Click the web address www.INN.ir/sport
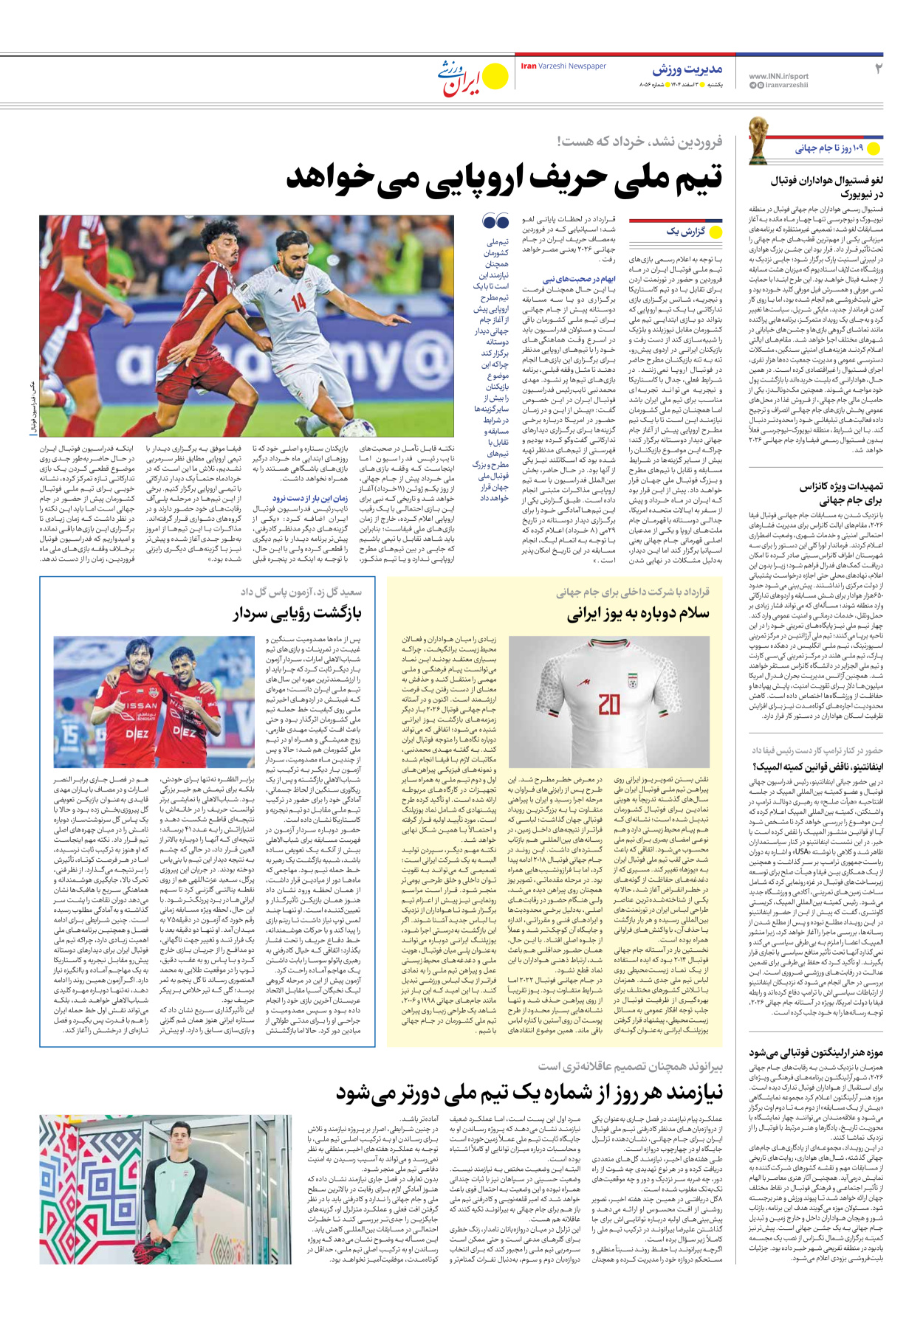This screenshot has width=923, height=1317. point(778,76)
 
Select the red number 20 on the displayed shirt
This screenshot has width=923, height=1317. point(609,705)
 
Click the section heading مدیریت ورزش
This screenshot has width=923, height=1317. point(687,69)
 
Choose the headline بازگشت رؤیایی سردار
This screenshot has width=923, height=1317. point(298,613)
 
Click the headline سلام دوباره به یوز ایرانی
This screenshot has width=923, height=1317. point(638,613)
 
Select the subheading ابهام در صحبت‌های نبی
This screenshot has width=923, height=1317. point(589,279)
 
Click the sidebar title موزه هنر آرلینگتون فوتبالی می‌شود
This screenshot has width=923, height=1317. point(816,1052)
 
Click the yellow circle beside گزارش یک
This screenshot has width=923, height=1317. point(715,232)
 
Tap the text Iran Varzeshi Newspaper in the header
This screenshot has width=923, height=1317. point(563,66)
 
